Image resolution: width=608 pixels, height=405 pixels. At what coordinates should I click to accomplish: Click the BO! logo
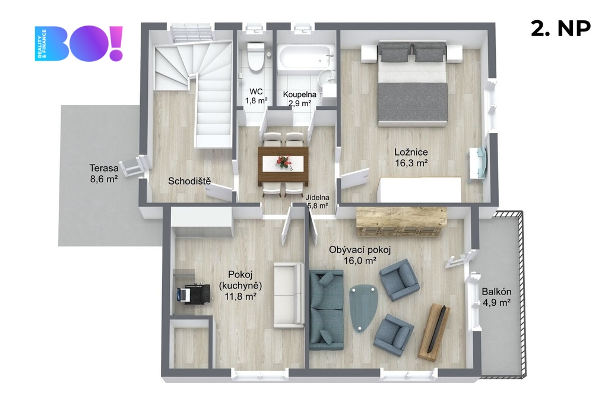click(x=79, y=43)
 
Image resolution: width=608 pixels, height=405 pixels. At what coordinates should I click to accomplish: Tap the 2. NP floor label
click(x=560, y=28)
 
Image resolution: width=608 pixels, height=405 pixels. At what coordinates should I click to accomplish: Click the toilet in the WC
click(x=255, y=56)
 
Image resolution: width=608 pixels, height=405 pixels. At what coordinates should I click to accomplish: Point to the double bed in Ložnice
click(x=413, y=84)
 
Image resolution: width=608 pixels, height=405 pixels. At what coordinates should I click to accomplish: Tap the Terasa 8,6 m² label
click(x=103, y=173)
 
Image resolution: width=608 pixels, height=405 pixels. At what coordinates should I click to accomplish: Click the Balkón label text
click(x=496, y=292)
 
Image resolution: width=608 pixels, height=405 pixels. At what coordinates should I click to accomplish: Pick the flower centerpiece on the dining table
click(x=283, y=162)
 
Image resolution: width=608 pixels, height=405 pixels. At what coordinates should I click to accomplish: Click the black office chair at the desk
click(x=197, y=296)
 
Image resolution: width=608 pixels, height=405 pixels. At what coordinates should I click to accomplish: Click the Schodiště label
click(x=189, y=181)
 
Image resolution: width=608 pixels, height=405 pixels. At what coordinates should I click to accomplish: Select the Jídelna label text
click(x=317, y=198)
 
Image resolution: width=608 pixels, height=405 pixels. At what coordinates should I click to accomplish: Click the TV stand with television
click(x=434, y=331)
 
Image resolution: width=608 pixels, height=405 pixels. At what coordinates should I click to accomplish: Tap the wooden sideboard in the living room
click(x=401, y=222)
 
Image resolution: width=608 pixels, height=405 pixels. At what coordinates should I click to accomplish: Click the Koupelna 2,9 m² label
click(x=299, y=99)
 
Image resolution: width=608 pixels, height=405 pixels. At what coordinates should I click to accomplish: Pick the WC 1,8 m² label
click(x=256, y=96)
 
